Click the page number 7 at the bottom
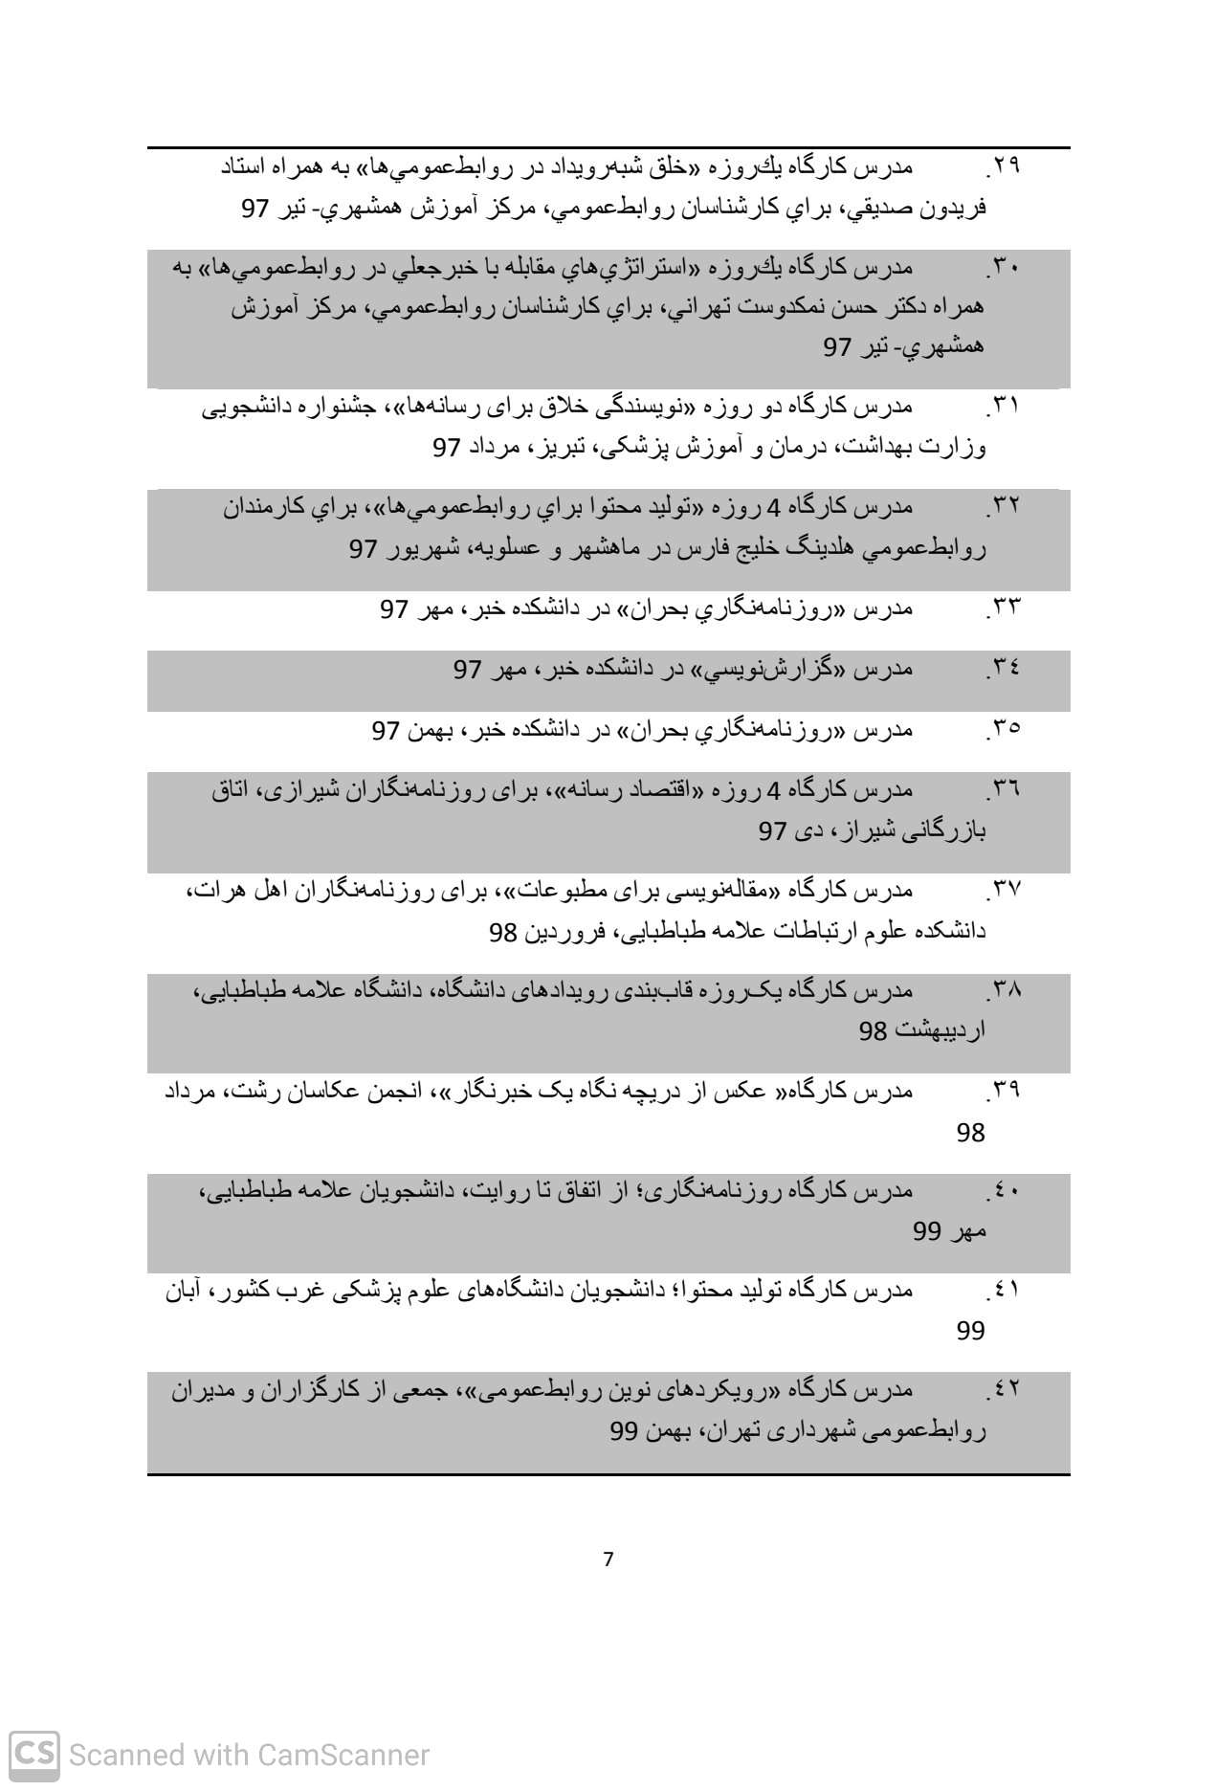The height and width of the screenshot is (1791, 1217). point(608,1559)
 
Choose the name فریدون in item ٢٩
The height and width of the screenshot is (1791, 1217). point(952,210)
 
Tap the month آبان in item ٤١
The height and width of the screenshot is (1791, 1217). point(186,1292)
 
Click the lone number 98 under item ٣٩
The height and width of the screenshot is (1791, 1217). point(970,1133)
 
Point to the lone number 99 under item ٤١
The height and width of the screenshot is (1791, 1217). point(970,1331)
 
